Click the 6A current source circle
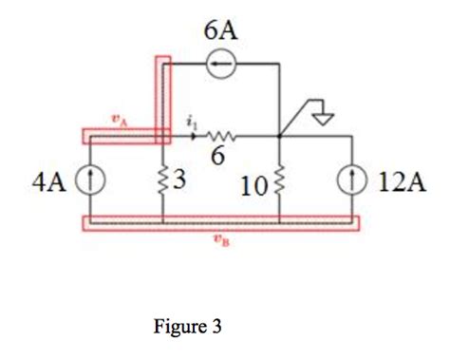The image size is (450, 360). pyautogui.click(x=222, y=65)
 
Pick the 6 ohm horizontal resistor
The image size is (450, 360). pyautogui.click(x=221, y=136)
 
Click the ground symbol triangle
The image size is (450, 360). pyautogui.click(x=323, y=121)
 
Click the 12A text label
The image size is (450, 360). pyautogui.click(x=395, y=180)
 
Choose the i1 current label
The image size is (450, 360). pyautogui.click(x=193, y=121)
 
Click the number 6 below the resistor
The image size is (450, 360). pyautogui.click(x=217, y=156)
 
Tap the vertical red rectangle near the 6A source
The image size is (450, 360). pyautogui.click(x=164, y=95)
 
